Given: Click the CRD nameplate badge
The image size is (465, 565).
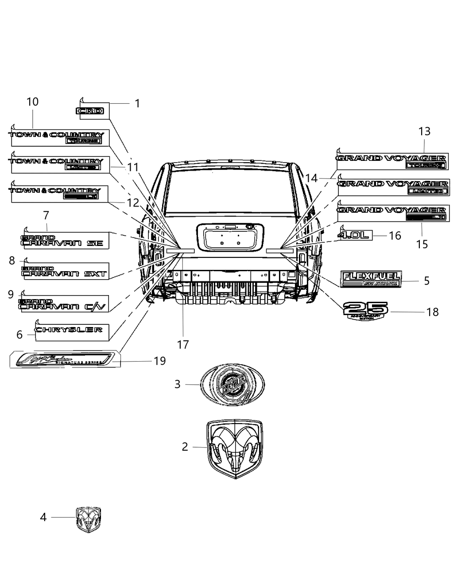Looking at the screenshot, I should (90, 111).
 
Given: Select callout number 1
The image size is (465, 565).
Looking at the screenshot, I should (137, 104).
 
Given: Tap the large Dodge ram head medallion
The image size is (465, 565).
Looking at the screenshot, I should (235, 448).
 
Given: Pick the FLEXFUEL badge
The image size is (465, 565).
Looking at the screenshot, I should (370, 279).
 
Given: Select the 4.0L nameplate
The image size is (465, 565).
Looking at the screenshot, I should (354, 235).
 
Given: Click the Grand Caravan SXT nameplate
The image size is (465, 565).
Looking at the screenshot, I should (64, 271).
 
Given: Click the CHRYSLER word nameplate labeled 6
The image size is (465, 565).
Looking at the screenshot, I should (69, 330).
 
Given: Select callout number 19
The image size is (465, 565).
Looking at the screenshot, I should (159, 361).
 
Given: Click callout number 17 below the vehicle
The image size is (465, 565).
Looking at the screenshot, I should (183, 344).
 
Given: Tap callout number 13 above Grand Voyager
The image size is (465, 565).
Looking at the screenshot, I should (424, 131).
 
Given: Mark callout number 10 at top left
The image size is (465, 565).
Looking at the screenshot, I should (32, 101).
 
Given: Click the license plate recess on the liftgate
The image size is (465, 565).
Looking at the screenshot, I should (232, 236).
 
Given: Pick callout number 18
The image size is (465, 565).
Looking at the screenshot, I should (432, 312).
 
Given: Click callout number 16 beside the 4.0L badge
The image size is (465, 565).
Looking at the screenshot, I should (395, 235).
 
